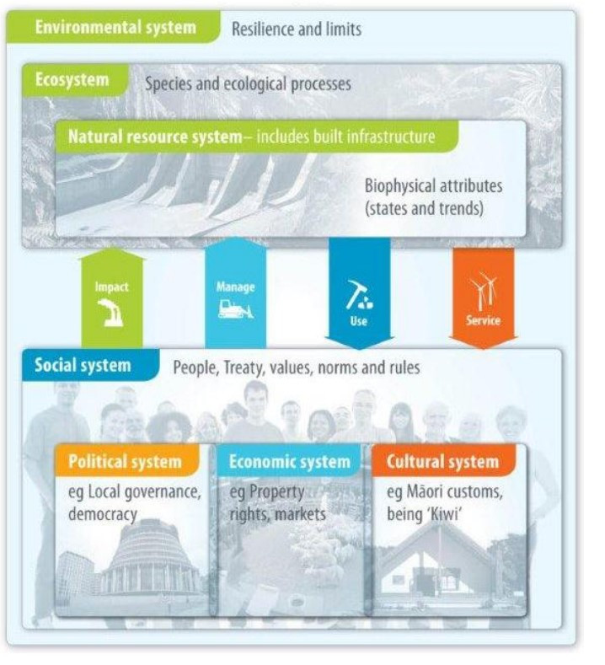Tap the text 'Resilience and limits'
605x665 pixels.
(296, 29)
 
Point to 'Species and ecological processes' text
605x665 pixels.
(249, 84)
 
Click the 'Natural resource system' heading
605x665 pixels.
(148, 137)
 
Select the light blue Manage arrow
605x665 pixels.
(235, 291)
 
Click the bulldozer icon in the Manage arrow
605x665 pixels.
(235, 308)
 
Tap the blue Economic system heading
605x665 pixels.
(288, 462)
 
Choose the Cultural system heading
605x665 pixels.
(442, 462)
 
